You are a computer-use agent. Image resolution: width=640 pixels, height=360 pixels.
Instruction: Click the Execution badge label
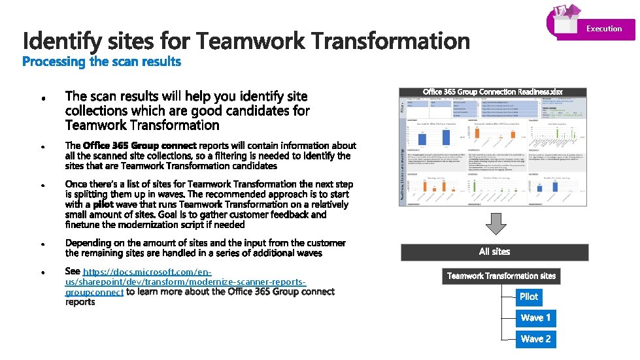603,29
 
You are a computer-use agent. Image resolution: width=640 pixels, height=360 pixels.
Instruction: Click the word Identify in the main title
62,42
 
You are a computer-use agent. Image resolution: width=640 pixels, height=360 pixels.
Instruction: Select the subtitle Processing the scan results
101,62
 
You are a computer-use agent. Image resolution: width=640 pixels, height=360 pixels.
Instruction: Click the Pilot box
528,297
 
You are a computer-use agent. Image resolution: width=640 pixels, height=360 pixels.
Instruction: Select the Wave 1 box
535,318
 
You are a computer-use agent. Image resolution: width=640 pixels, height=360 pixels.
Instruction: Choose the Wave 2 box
535,339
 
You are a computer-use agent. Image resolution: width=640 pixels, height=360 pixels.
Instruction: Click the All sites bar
494,252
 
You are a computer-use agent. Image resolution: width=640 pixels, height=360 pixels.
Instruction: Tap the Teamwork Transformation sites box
501,276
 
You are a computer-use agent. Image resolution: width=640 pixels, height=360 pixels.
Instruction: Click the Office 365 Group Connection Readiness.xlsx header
493,92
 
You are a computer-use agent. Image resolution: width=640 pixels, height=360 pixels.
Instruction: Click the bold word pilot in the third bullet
103,205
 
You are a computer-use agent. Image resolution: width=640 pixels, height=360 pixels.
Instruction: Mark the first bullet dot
42,100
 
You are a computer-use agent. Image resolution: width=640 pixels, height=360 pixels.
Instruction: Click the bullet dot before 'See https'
42,272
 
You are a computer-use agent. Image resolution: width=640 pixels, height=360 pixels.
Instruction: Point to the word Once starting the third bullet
77,184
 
